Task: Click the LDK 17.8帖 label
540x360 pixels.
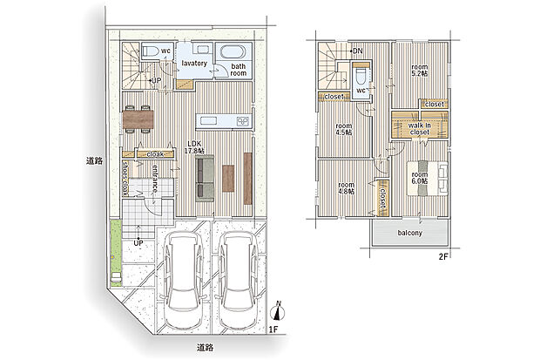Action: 194,147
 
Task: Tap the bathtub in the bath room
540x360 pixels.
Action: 233,52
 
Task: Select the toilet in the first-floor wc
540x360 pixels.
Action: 151,51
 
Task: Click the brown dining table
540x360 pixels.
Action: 138,119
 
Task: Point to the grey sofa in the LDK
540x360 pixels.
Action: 205,179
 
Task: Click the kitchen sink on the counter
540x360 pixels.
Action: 206,121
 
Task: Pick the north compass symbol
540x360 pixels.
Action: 278,310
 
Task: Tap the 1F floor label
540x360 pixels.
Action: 273,329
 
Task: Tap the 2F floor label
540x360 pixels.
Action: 443,256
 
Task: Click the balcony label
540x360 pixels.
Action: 410,233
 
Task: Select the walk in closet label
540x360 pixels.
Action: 420,129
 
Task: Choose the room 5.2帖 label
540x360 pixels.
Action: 420,70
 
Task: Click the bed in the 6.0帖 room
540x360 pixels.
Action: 428,179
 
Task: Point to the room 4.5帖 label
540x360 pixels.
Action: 344,129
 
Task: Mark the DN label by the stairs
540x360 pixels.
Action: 356,51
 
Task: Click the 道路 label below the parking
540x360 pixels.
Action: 205,348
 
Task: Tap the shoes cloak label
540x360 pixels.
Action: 125,179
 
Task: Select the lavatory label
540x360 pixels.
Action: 194,64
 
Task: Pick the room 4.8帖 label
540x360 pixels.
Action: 346,188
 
